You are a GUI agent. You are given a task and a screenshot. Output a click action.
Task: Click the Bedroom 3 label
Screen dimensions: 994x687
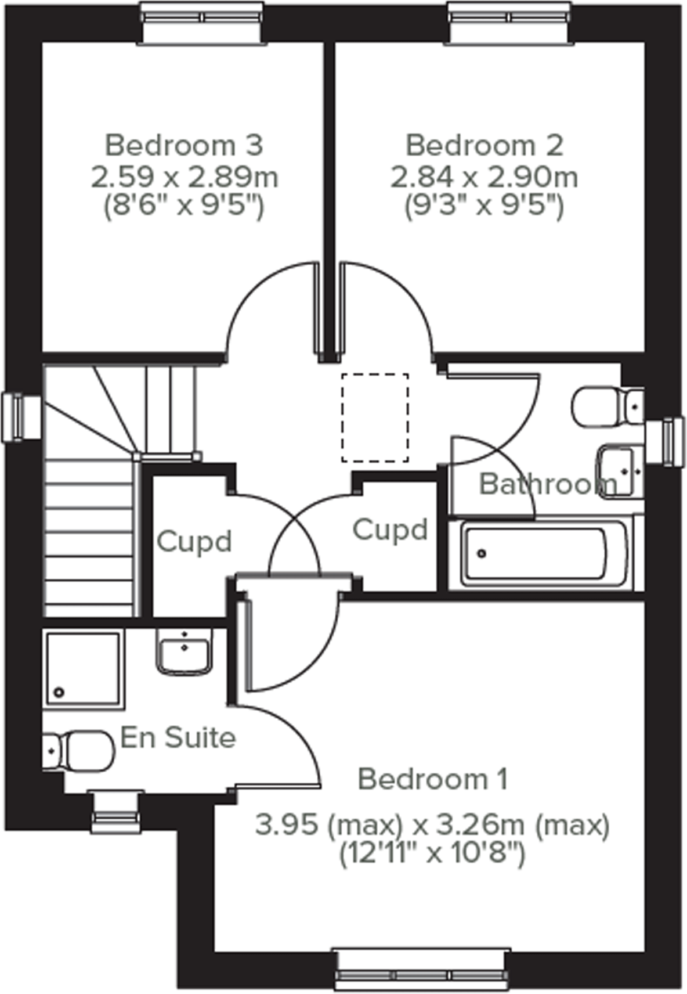(184, 145)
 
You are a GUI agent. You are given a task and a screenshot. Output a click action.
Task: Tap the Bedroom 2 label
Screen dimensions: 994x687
(484, 145)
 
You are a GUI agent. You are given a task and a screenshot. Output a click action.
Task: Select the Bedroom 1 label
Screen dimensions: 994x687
(433, 779)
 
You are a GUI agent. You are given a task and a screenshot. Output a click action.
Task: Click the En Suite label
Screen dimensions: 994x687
(178, 737)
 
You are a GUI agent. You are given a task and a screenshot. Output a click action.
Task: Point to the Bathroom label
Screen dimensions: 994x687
(548, 484)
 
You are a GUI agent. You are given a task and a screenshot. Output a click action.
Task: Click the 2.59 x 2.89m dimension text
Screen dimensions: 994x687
(184, 177)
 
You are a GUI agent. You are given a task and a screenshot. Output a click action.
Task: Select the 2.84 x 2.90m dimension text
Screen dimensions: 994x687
(484, 177)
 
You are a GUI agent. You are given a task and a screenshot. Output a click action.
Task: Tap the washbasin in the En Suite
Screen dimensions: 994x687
(184, 652)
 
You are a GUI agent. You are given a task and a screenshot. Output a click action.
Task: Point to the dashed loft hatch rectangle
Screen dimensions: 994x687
(375, 417)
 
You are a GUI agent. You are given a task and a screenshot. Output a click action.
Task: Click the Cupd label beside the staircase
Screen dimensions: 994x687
(194, 542)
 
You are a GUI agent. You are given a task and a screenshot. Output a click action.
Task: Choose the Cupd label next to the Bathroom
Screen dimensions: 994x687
(390, 530)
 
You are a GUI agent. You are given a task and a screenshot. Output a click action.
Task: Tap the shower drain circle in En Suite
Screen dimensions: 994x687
(59, 692)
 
